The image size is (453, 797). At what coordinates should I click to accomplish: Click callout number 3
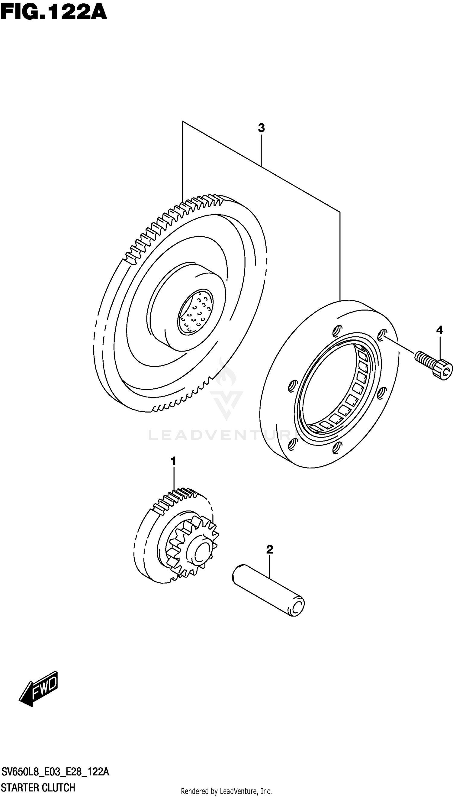click(261, 128)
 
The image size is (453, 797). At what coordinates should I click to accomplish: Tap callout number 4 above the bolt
click(439, 330)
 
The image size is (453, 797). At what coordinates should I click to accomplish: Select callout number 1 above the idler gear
click(174, 461)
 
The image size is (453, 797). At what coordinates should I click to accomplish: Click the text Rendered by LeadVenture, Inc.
click(226, 789)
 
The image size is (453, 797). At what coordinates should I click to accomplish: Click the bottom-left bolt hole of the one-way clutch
click(291, 444)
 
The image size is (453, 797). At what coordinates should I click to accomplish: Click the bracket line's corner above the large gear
click(183, 121)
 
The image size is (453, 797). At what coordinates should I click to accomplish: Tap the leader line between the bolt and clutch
click(400, 344)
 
